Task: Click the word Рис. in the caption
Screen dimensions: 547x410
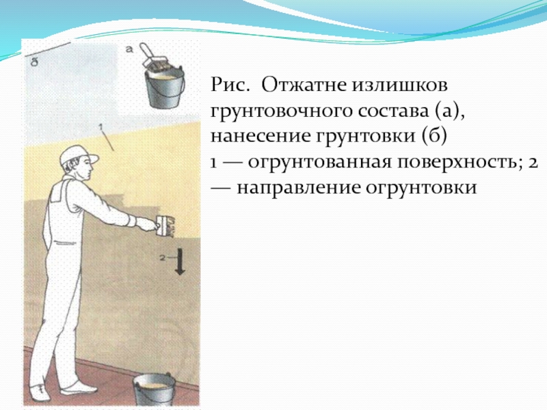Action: pyautogui.click(x=230, y=85)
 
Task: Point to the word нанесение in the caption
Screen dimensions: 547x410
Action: pyautogui.click(x=259, y=136)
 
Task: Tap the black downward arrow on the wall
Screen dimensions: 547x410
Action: pyautogui.click(x=180, y=262)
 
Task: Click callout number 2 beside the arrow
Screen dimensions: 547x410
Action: pyautogui.click(x=162, y=258)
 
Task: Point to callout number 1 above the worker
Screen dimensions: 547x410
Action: pyautogui.click(x=101, y=127)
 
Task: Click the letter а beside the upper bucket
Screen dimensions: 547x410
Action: pyautogui.click(x=129, y=49)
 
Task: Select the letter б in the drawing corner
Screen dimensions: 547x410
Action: pyautogui.click(x=34, y=63)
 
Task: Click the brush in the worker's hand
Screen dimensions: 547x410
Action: pyautogui.click(x=165, y=227)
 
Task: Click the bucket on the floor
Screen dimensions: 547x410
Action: pyautogui.click(x=153, y=390)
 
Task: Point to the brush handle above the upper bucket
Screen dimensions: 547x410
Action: pyautogui.click(x=146, y=52)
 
